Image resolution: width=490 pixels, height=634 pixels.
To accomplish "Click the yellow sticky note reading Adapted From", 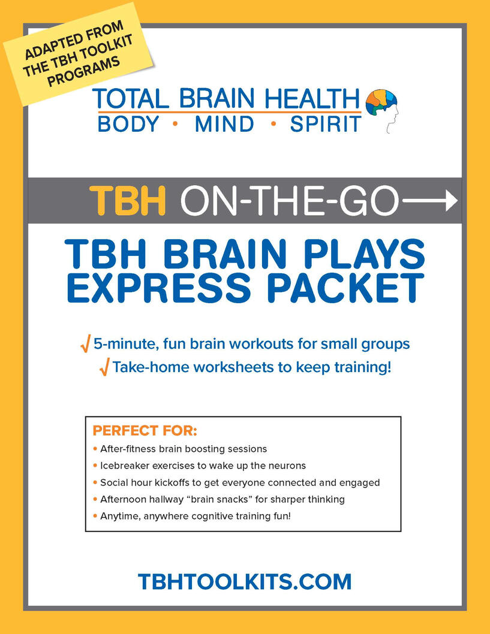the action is pyautogui.click(x=77, y=54).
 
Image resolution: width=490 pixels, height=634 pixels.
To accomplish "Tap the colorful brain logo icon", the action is pyautogui.click(x=382, y=110).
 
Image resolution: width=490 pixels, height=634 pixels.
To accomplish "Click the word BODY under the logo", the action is pyautogui.click(x=128, y=124).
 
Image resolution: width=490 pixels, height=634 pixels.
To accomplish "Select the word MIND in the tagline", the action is pyautogui.click(x=224, y=124).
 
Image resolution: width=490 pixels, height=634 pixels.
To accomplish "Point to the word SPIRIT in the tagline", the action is pyautogui.click(x=325, y=124).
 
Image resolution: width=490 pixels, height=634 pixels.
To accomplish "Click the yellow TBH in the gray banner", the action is pyautogui.click(x=128, y=200).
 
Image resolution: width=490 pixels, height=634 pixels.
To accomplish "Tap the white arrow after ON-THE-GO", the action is pyautogui.click(x=428, y=201).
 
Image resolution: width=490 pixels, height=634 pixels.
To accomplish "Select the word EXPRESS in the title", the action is pyautogui.click(x=159, y=288).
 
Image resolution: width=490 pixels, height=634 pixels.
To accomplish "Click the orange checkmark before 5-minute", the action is pyautogui.click(x=85, y=344).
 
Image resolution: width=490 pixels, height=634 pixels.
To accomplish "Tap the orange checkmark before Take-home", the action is pyautogui.click(x=104, y=367).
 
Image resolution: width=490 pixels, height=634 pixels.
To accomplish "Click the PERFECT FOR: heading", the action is pyautogui.click(x=145, y=431).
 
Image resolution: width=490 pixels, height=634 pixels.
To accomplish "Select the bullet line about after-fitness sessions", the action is pyautogui.click(x=180, y=449).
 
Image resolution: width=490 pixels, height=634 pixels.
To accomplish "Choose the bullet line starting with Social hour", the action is pyautogui.click(x=236, y=483).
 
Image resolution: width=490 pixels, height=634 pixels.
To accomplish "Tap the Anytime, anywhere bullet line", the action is pyautogui.click(x=192, y=517).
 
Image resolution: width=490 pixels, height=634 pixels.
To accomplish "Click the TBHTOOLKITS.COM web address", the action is pyautogui.click(x=245, y=581).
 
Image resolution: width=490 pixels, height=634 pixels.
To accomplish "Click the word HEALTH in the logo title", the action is pyautogui.click(x=312, y=98).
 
